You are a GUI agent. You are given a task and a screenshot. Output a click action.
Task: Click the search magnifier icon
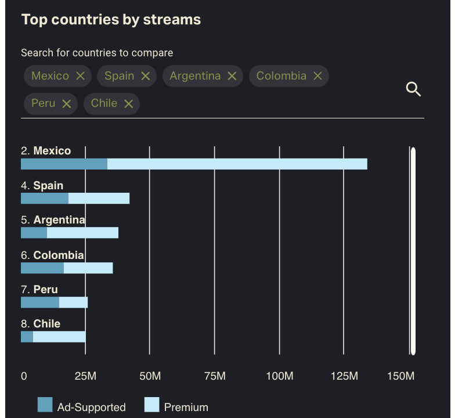[413, 89]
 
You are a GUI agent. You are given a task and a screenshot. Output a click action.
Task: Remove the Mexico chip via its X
[80, 76]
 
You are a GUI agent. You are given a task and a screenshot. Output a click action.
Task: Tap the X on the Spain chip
[145, 76]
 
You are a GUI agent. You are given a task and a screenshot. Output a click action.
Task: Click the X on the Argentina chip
[232, 76]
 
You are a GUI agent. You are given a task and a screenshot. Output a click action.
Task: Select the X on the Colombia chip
[317, 76]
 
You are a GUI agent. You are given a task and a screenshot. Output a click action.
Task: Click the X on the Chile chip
[128, 103]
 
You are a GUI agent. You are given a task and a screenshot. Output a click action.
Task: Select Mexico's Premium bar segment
[237, 164]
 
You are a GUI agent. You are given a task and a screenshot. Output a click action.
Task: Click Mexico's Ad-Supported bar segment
[64, 164]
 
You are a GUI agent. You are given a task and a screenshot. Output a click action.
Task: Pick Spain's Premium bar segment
[99, 199]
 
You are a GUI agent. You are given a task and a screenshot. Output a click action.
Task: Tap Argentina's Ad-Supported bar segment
[34, 233]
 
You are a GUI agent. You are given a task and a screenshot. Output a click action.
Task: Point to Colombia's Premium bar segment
[88, 268]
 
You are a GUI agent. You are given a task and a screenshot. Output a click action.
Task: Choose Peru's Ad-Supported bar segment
[39, 302]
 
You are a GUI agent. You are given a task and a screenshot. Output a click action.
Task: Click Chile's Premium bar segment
[59, 337]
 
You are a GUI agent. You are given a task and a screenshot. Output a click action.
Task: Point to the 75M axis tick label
[215, 376]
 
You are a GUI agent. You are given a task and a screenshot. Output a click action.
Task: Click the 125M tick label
[344, 376]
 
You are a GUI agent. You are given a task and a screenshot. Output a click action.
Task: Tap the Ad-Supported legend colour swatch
[45, 405]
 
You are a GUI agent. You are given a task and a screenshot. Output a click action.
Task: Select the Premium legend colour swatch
[151, 405]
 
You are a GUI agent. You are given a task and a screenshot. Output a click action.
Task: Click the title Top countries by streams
[111, 19]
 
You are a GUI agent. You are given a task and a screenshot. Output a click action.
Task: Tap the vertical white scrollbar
[413, 251]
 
